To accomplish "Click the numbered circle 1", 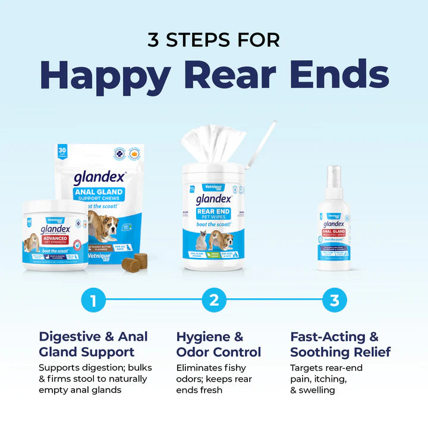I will pyautogui.click(x=93, y=300).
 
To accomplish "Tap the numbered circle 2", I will pyautogui.click(x=214, y=300).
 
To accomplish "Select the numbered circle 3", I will pyautogui.click(x=335, y=300).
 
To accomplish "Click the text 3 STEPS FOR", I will pyautogui.click(x=213, y=40).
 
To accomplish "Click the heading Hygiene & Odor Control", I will pyautogui.click(x=219, y=344).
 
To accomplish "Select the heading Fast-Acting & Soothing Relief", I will pyautogui.click(x=341, y=344).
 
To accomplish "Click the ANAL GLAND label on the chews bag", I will pyautogui.click(x=99, y=193).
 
